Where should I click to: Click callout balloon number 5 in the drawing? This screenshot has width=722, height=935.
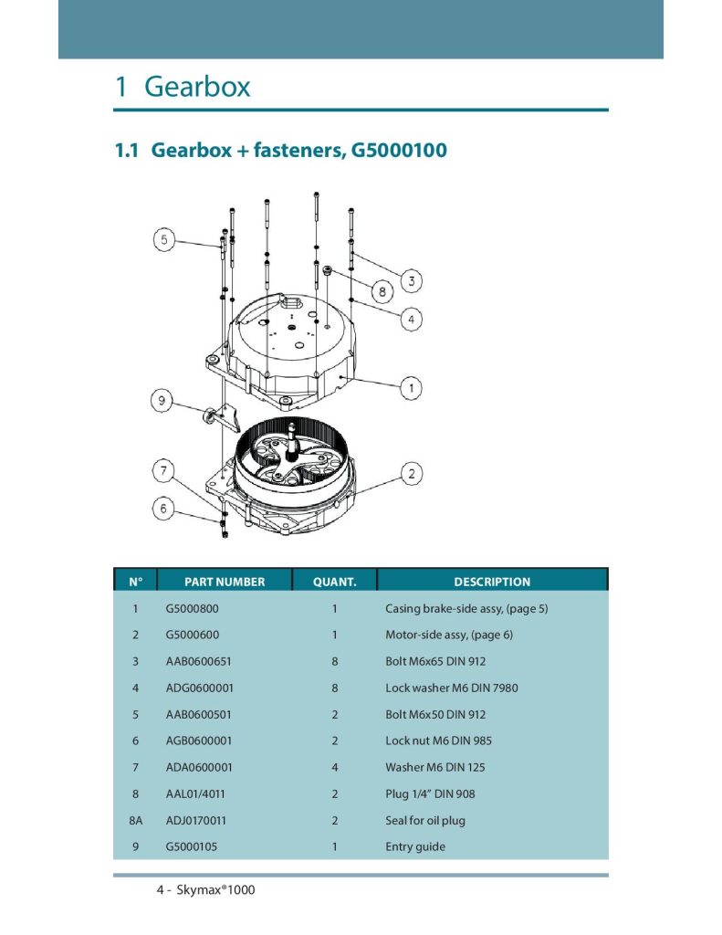pos(164,240)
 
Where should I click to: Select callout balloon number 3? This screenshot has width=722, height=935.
pos(411,280)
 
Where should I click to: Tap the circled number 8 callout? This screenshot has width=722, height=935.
pos(382,291)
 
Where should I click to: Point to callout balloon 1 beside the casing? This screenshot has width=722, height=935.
pos(411,388)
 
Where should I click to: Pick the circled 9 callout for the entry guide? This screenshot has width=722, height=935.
pos(162,400)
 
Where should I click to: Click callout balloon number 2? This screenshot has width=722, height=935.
pos(411,474)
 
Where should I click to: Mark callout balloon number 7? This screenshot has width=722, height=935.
pos(164,470)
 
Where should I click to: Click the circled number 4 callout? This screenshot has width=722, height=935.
pos(411,319)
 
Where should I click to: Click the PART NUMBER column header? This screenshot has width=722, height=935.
pos(225,582)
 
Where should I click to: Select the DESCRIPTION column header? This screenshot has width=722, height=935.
pos(492,582)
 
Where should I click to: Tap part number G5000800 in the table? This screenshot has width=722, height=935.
pos(192,609)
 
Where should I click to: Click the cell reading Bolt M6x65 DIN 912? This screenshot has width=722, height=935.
pos(435,661)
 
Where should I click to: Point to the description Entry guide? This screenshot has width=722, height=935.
pos(415,846)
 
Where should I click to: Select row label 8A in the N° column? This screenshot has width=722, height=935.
pos(136,821)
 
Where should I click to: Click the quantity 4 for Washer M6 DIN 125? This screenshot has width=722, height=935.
pos(334,767)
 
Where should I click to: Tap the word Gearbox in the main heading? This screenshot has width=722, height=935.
pos(197,87)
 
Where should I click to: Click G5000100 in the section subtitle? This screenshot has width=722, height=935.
pos(399,150)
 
